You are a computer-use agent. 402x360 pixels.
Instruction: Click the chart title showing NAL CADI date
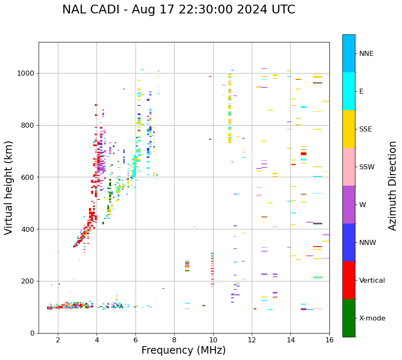click(x=179, y=10)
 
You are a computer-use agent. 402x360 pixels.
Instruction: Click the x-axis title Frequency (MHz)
click(x=183, y=350)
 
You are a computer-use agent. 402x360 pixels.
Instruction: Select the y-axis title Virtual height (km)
click(x=9, y=187)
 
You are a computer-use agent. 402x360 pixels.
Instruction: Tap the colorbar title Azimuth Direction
click(x=392, y=186)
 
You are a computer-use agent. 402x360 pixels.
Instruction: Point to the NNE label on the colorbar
click(x=366, y=54)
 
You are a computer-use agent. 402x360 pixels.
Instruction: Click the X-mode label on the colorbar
click(x=372, y=318)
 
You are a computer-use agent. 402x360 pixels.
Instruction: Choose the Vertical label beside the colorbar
click(x=372, y=281)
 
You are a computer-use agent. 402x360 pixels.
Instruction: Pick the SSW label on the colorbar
click(x=367, y=167)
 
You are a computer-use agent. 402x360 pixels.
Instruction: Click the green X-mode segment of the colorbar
click(x=349, y=318)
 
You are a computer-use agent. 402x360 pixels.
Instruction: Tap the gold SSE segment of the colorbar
click(x=349, y=129)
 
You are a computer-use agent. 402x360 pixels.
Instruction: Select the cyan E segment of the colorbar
click(x=349, y=91)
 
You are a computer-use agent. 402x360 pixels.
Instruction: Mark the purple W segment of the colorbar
click(x=349, y=205)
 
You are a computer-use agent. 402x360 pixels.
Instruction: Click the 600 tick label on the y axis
click(x=29, y=177)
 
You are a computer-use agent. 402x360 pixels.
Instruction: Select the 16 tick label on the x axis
click(x=329, y=340)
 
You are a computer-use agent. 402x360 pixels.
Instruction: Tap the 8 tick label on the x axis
click(x=174, y=340)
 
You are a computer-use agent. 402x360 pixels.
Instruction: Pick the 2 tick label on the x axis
click(x=58, y=340)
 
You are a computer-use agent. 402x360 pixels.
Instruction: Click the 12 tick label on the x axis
click(x=252, y=340)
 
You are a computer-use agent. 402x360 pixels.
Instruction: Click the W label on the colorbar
click(x=362, y=205)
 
